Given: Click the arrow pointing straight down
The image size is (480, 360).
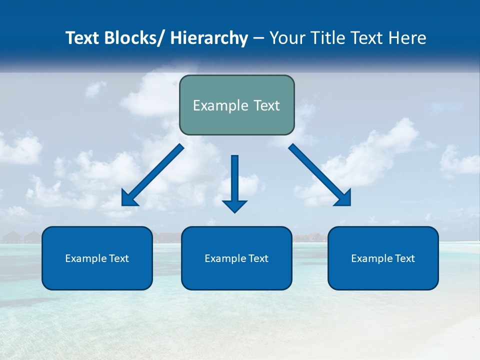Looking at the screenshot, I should [234, 180].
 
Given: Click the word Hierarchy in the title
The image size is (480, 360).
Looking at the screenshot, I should [209, 38].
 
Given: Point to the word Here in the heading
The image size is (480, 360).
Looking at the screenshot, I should [407, 38].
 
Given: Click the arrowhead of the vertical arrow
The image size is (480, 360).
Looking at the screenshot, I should [234, 205].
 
